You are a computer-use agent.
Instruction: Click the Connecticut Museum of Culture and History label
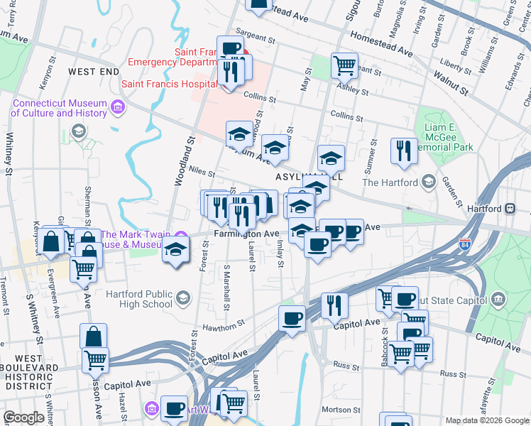(59, 108)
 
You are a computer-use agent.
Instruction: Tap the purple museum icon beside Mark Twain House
(181, 237)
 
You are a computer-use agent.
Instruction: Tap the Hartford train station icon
(509, 209)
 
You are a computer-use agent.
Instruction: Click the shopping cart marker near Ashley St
(344, 66)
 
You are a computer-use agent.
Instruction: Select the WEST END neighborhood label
(94, 72)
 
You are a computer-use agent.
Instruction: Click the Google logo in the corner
(24, 417)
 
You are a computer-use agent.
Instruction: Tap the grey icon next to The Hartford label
(428, 182)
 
